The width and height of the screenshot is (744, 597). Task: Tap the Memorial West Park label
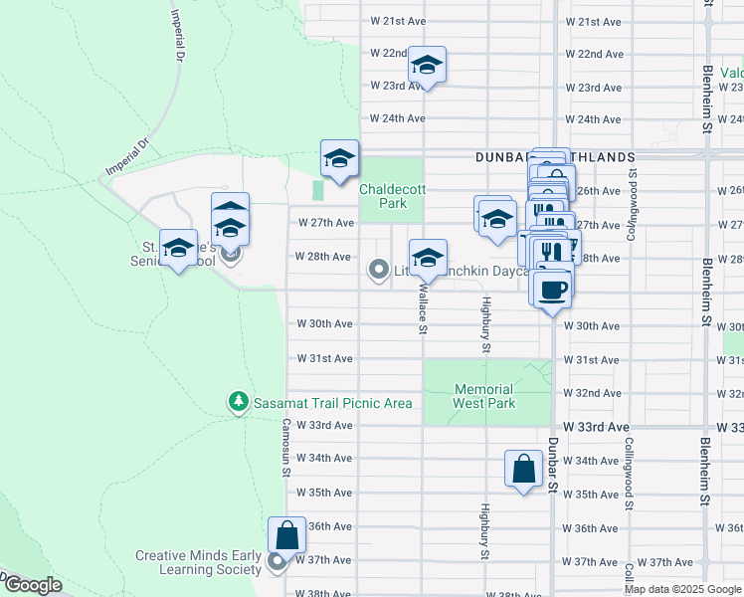click(484, 396)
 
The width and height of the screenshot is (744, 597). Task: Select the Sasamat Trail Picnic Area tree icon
click(238, 402)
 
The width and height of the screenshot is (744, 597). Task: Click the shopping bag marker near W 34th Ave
click(523, 469)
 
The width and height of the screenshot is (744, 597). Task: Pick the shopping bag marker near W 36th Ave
click(286, 536)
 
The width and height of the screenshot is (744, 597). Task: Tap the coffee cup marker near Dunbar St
click(553, 290)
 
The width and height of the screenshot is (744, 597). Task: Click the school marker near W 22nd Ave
click(428, 66)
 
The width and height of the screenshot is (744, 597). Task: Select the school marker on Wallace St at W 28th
click(428, 259)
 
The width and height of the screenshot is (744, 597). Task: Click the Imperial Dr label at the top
click(179, 36)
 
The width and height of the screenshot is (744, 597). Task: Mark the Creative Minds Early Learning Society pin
click(278, 565)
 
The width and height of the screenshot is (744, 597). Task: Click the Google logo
click(33, 585)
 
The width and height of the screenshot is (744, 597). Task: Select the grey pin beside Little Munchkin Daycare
click(378, 270)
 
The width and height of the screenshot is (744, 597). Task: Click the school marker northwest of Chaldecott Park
click(339, 159)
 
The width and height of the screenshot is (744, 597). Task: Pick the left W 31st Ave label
click(325, 358)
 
